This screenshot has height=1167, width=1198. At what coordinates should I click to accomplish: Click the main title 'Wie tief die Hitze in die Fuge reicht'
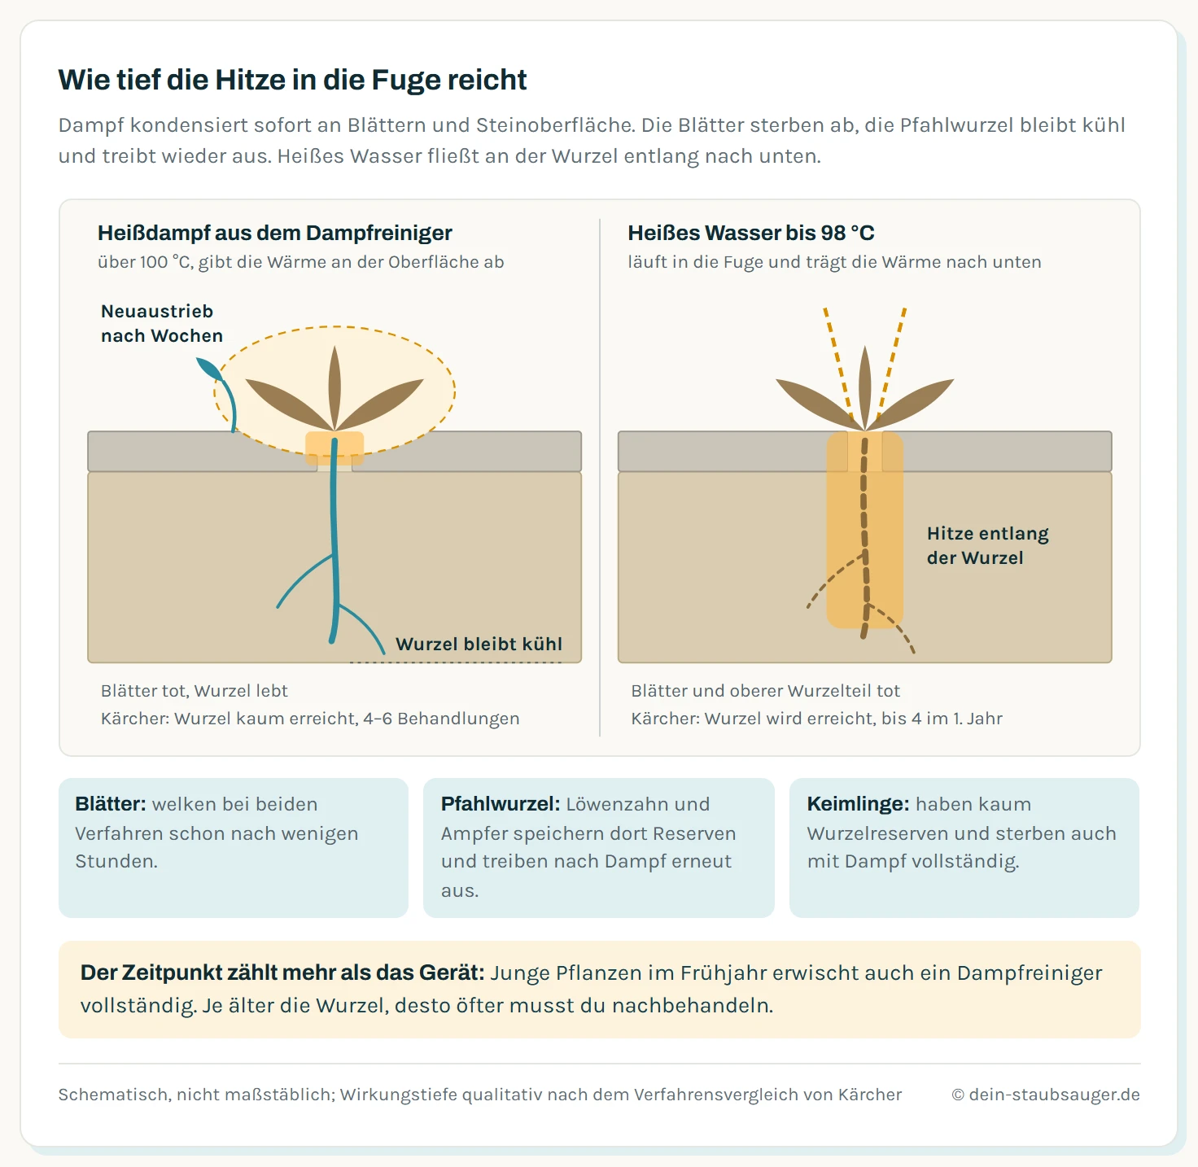292,80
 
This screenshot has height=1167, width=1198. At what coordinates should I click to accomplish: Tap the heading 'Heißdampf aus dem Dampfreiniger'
274,234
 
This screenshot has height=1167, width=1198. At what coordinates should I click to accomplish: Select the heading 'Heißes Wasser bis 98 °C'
751,234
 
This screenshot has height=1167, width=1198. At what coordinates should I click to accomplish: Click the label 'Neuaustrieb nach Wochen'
162,323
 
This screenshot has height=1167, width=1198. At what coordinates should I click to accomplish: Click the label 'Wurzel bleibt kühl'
479,644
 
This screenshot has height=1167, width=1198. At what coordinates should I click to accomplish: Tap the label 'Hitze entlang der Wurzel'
987,545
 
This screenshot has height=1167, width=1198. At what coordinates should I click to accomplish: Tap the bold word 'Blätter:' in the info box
111,804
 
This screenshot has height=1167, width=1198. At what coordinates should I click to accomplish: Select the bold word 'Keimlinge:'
858,804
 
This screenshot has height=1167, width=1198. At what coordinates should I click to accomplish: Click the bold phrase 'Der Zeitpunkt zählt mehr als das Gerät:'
282,972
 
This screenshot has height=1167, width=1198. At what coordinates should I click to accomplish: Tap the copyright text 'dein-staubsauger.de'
1054,1095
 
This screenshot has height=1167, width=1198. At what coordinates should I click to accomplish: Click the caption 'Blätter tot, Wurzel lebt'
194,691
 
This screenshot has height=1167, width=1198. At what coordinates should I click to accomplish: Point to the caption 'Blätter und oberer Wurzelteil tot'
765,691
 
